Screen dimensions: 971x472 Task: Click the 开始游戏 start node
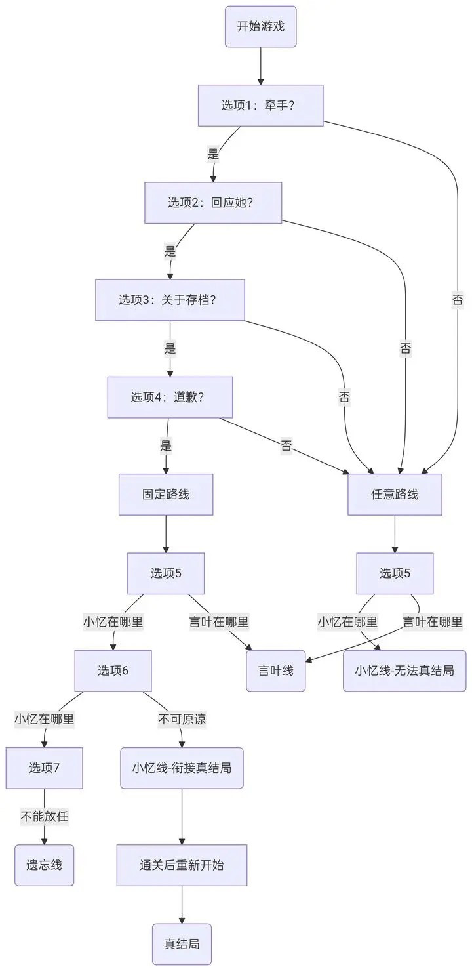point(260,27)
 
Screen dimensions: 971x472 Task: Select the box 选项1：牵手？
point(260,106)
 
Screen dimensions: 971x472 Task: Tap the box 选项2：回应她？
point(213,203)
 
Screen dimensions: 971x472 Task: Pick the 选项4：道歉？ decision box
point(170,398)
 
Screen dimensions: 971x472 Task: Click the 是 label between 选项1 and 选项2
point(213,154)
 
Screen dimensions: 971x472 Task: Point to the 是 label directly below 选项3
point(170,348)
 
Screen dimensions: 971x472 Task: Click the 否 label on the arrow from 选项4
point(286,446)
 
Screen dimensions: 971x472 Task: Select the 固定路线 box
point(166,495)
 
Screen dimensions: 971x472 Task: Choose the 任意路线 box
point(395,495)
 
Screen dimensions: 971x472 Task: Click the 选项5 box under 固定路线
point(166,573)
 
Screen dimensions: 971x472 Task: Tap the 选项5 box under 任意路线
point(395,573)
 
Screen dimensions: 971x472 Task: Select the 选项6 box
point(113,671)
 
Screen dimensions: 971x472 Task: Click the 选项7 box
point(45,768)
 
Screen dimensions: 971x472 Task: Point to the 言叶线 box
point(276,671)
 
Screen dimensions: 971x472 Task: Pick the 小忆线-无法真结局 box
point(404,671)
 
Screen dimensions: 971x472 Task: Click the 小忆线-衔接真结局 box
point(182,768)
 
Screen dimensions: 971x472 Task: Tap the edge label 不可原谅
point(182,719)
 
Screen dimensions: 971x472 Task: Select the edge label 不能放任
point(45,817)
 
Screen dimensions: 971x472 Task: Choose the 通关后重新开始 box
point(182,865)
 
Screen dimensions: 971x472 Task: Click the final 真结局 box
point(182,945)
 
